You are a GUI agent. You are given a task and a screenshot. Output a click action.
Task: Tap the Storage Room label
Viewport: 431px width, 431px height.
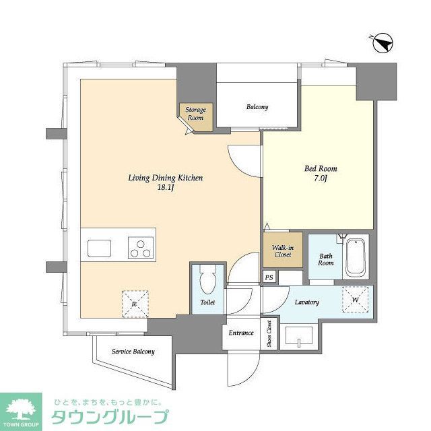(x=196, y=113)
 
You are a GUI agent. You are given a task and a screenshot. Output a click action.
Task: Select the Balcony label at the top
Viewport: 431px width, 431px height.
(x=257, y=107)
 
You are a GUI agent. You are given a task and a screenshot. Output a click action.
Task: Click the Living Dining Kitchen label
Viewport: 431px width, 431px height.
(x=166, y=178)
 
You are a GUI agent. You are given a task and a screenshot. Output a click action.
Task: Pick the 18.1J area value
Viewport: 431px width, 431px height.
(x=166, y=189)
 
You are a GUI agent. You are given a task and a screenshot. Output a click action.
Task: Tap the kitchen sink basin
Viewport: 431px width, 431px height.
(x=99, y=247)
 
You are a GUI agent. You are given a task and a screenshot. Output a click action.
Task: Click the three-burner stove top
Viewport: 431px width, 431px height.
(x=141, y=247)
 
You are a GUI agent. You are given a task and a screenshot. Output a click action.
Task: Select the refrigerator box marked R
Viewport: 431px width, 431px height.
(x=135, y=302)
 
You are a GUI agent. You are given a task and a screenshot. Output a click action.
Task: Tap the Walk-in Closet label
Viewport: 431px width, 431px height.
(x=281, y=251)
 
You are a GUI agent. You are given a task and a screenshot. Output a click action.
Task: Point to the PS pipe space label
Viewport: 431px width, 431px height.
(x=269, y=277)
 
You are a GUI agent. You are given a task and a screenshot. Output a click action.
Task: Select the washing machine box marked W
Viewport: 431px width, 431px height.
(x=355, y=299)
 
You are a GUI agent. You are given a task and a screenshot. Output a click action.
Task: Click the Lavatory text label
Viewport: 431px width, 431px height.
(x=307, y=302)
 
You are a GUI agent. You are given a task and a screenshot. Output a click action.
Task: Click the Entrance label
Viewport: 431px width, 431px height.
(x=241, y=333)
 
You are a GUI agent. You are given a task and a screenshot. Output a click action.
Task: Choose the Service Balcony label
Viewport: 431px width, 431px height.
(x=133, y=352)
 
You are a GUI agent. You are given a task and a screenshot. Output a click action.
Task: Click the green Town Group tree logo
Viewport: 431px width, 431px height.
(x=22, y=408)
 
